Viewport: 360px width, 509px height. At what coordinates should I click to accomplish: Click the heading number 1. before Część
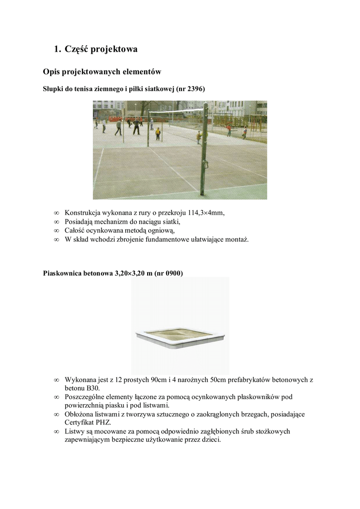pos(57,49)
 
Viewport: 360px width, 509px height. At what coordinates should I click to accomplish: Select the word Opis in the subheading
pos(52,72)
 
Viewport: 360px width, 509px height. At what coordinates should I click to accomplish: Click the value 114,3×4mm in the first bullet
pos(206,213)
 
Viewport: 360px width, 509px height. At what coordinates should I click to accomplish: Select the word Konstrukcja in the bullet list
pos(83,213)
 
